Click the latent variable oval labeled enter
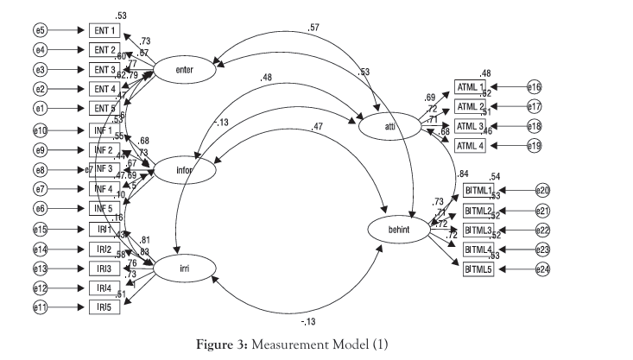[x=184, y=70]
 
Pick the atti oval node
[x=390, y=128]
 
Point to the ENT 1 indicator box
[x=104, y=29]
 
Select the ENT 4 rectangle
[x=104, y=88]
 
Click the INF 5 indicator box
[x=104, y=208]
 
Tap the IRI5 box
[x=104, y=307]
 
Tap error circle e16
[x=535, y=87]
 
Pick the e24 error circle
[x=542, y=269]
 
